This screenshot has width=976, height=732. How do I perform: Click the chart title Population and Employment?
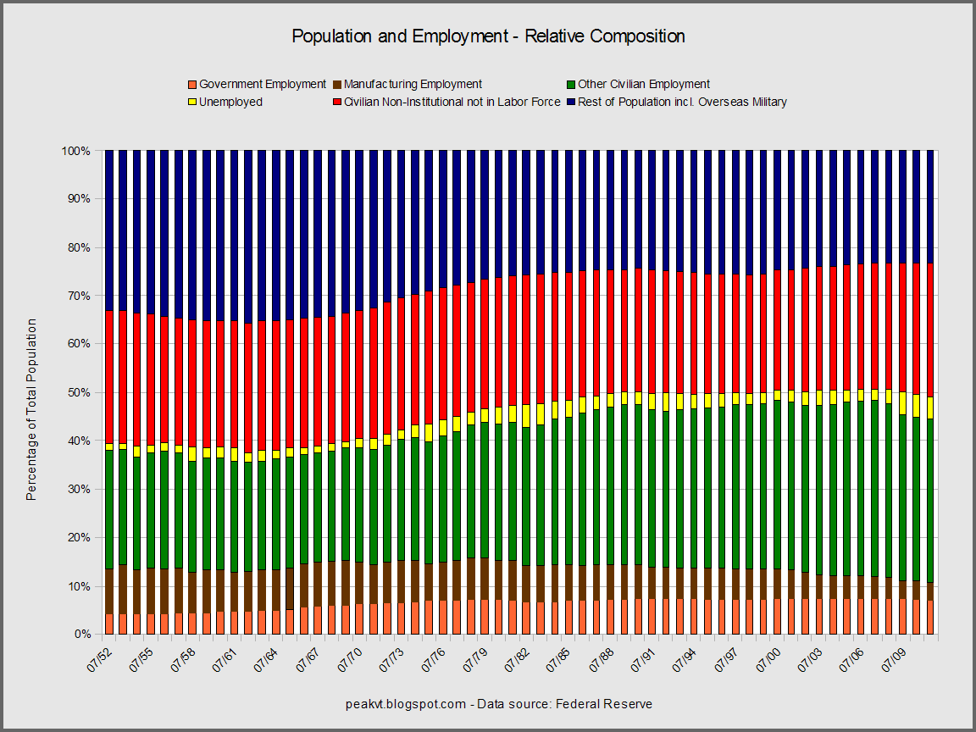coord(488,36)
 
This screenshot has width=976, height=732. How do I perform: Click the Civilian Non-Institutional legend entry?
coord(452,102)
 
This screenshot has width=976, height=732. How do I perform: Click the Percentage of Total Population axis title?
coord(31,409)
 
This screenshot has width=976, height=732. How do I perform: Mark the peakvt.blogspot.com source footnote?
coord(499,704)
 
